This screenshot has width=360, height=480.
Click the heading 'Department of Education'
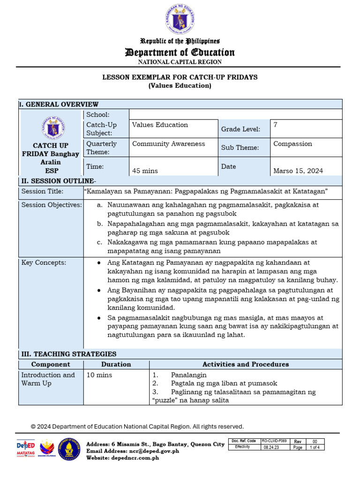tap(180, 52)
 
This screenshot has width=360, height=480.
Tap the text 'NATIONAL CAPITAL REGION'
tap(180, 62)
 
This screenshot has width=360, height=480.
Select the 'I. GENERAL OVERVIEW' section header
tap(59, 104)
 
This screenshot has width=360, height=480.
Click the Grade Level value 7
tap(275, 125)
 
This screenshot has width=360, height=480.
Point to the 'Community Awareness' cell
tap(168, 144)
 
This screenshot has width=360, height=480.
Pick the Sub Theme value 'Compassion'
tap(292, 144)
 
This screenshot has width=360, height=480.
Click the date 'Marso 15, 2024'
tap(298, 171)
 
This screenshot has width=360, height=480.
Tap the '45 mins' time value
tap(145, 171)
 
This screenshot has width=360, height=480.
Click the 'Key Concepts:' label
tap(44, 262)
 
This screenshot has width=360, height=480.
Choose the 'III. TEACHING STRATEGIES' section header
tap(67, 354)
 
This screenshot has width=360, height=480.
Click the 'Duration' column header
tap(116, 364)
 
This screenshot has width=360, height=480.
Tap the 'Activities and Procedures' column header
tap(245, 364)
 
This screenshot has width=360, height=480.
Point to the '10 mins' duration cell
tap(99, 375)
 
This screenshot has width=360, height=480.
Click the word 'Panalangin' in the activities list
tap(188, 375)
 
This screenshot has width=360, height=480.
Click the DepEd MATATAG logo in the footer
tap(26, 449)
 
